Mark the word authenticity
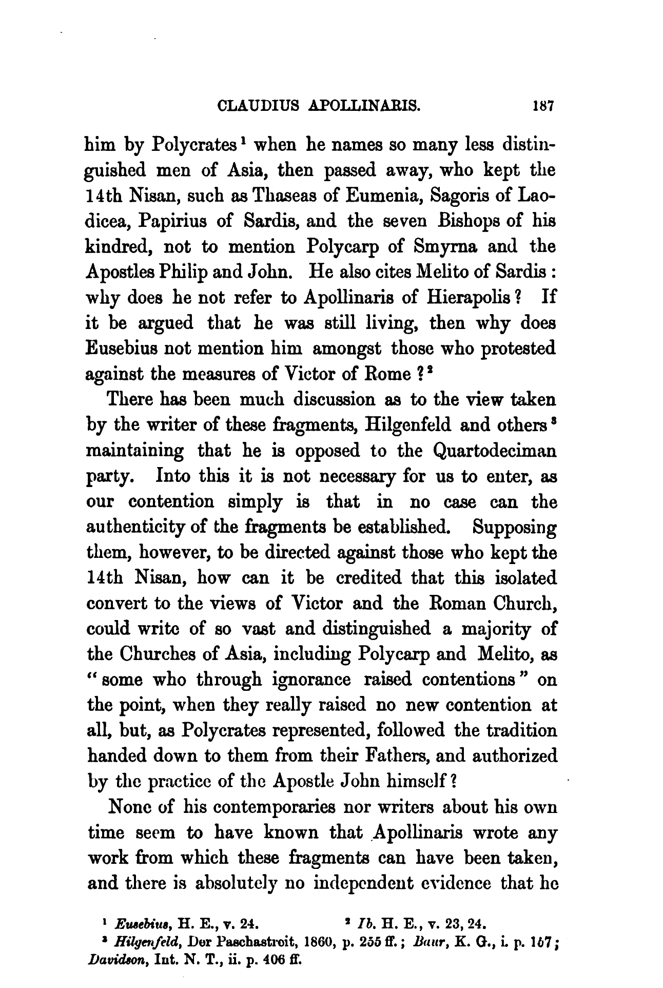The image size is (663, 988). pyautogui.click(x=142, y=527)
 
